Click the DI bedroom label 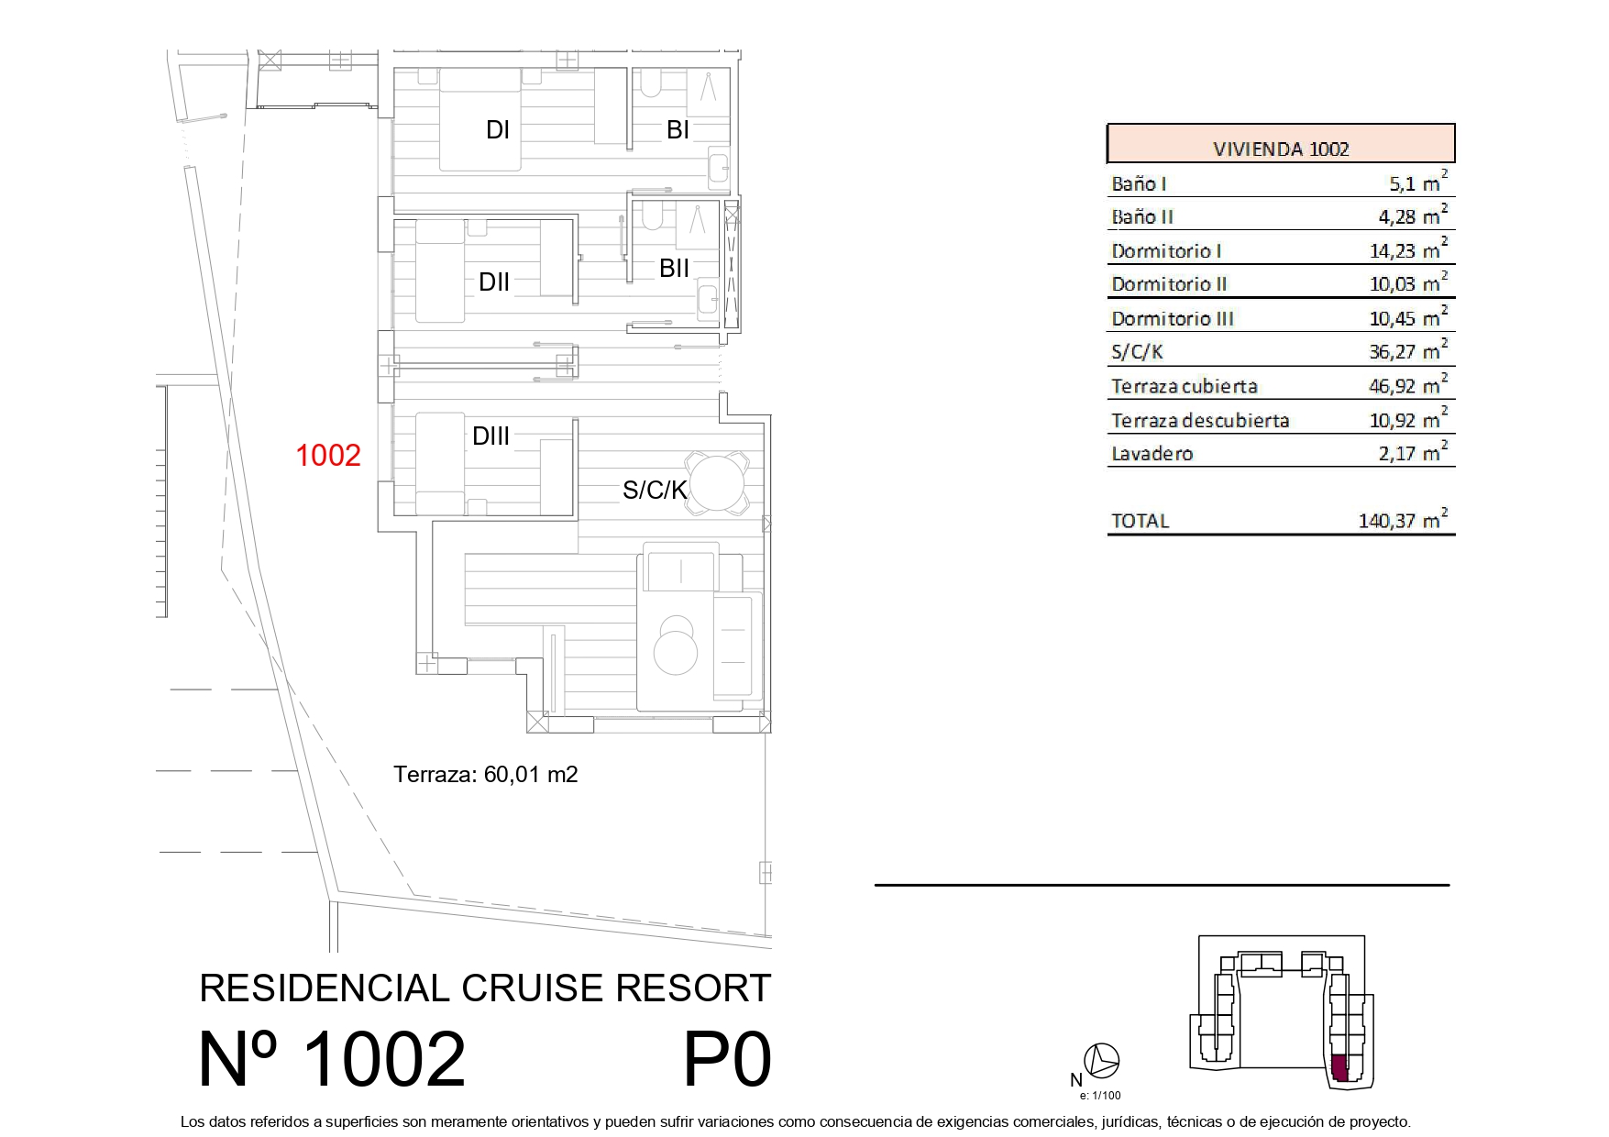(498, 130)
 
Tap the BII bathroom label (675, 269)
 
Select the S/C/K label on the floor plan (655, 491)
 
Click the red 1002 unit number (328, 455)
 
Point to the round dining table (719, 482)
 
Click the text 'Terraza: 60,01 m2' (486, 775)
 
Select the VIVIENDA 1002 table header (1281, 149)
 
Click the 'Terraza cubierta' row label (1185, 386)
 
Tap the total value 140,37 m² (1403, 520)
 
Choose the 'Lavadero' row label (1152, 453)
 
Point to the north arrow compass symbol (1101, 1061)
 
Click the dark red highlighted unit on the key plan (1339, 1068)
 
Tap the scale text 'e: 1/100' (1100, 1095)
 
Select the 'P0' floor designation (727, 1059)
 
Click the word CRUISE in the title (533, 988)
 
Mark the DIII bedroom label (490, 436)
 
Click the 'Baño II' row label (1142, 216)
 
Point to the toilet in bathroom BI (650, 83)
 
